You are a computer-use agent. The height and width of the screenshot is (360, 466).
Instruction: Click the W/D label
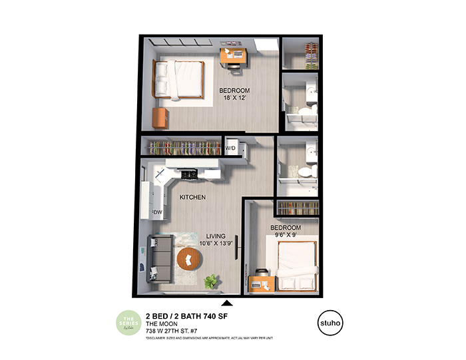pyautogui.click(x=231, y=148)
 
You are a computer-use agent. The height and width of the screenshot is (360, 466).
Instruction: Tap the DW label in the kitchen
pyautogui.click(x=158, y=212)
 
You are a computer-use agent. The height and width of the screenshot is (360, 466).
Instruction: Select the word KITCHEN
pyautogui.click(x=192, y=198)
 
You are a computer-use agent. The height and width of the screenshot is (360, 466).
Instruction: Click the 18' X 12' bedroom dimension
pyautogui.click(x=234, y=99)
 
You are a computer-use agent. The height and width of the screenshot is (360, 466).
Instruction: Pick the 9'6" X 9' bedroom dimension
pyautogui.click(x=284, y=235)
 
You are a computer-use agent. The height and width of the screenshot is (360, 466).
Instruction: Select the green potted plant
pyautogui.click(x=212, y=281)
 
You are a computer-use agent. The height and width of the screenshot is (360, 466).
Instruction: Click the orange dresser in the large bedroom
pyautogui.click(x=159, y=118)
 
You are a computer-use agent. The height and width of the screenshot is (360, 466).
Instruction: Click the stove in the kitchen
pyautogui.click(x=188, y=174)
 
